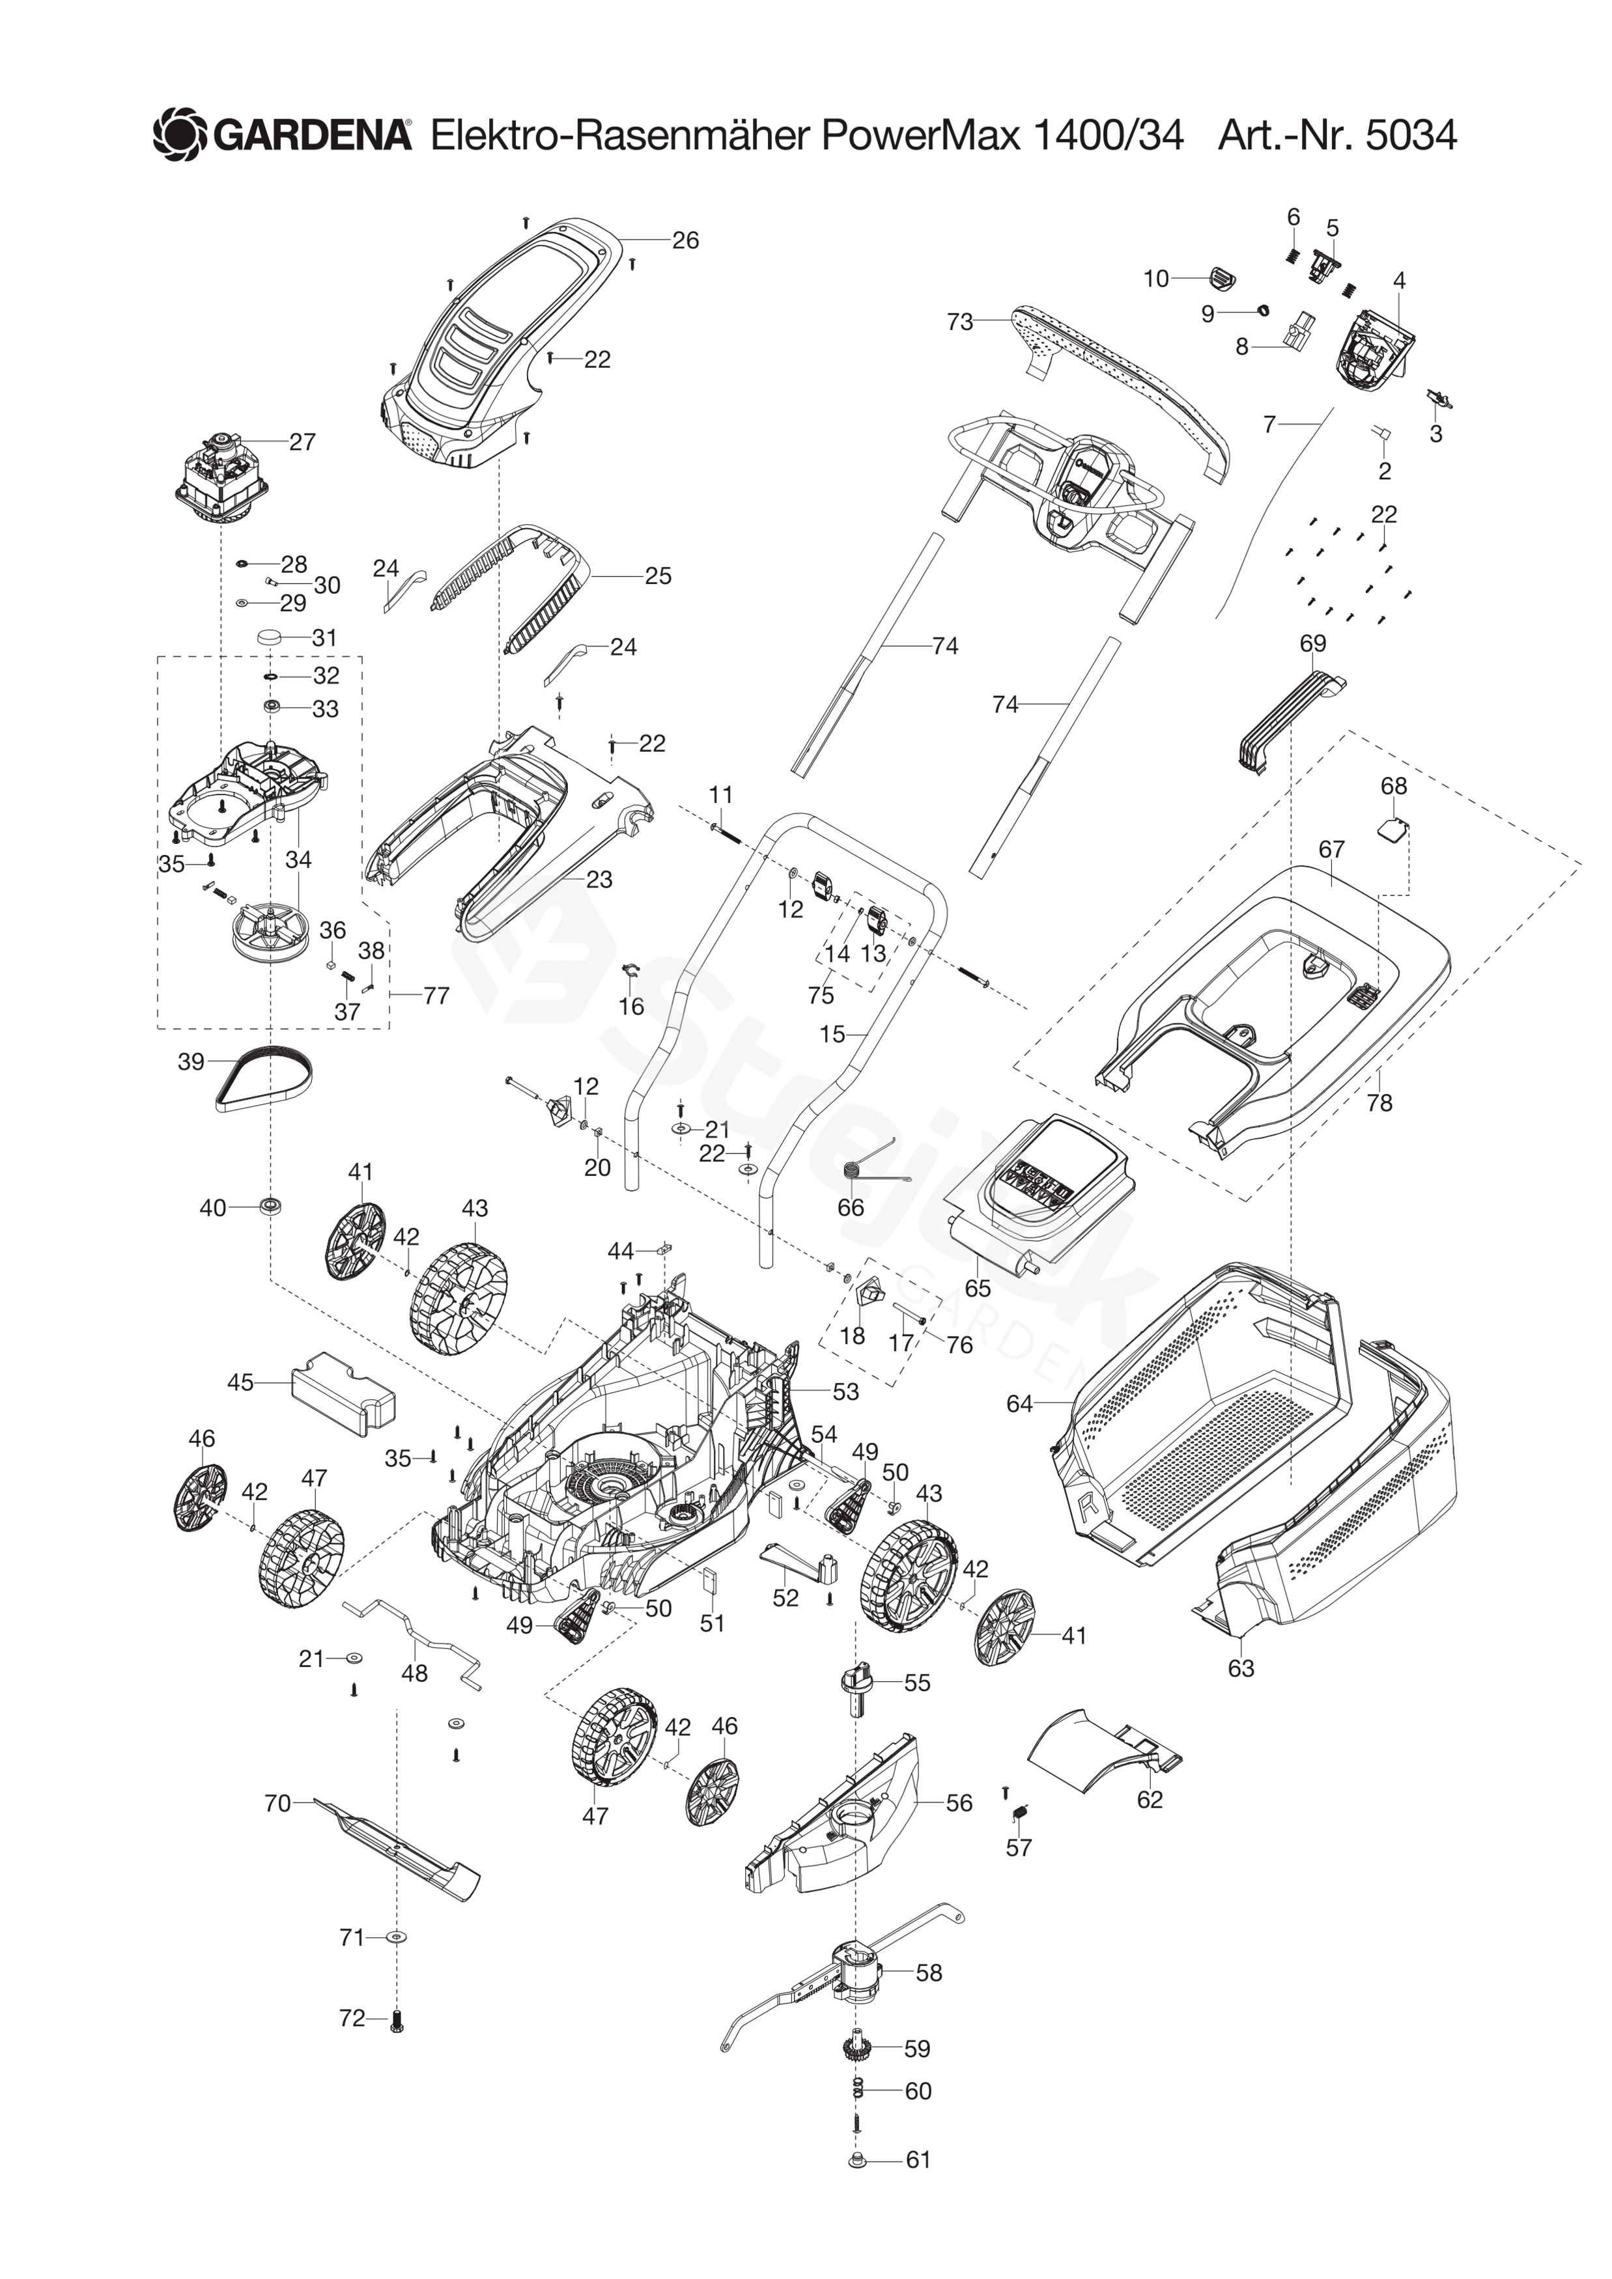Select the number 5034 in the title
[1411, 135]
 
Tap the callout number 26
[685, 240]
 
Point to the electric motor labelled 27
[223, 483]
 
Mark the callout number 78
[1379, 1103]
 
